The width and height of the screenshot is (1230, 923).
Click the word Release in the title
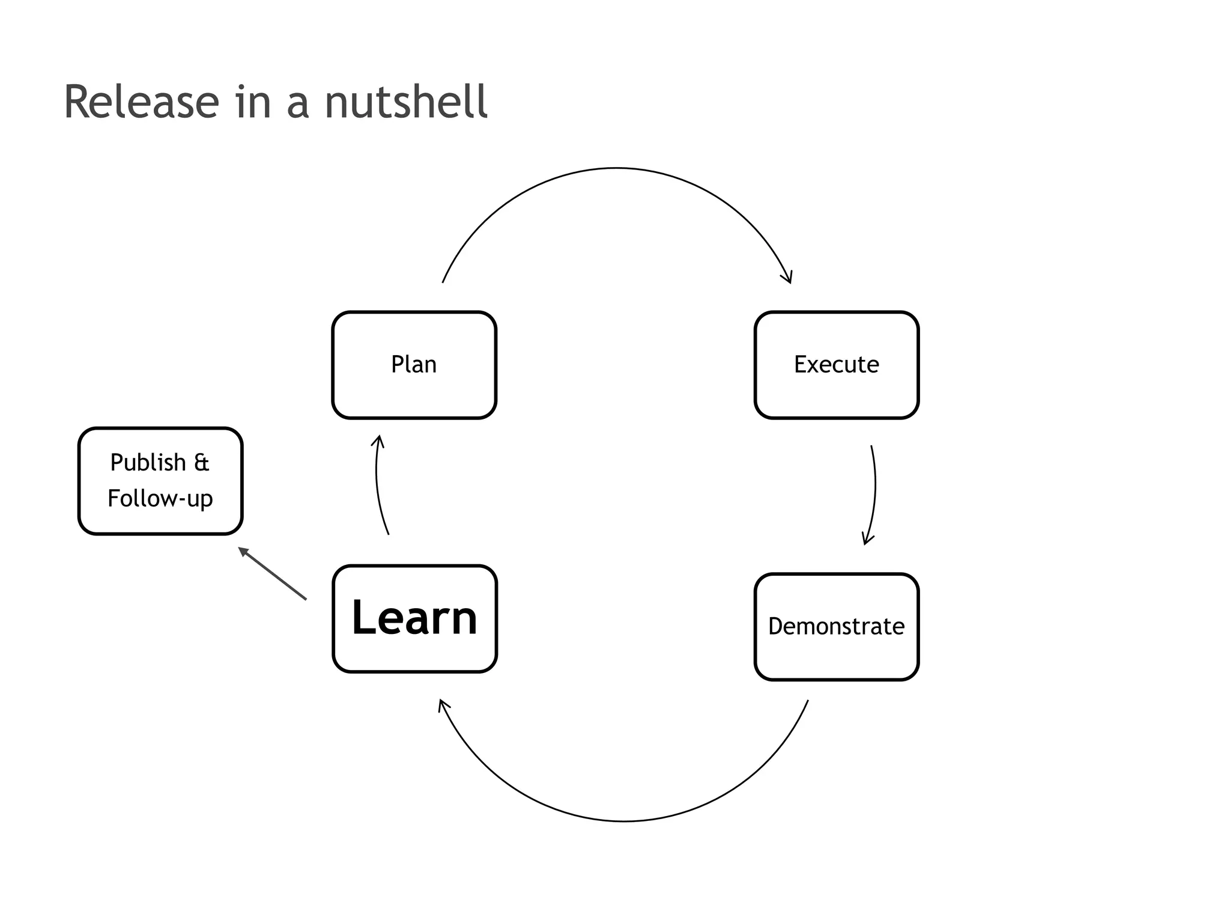(x=142, y=102)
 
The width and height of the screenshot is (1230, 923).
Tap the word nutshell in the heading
(x=406, y=102)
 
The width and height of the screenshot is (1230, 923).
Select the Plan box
(x=414, y=365)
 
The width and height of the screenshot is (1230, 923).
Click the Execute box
(x=836, y=365)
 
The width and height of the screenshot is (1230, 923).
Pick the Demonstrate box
(x=836, y=627)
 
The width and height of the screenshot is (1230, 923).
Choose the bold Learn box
(x=414, y=618)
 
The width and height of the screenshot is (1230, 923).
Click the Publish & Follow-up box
(x=160, y=481)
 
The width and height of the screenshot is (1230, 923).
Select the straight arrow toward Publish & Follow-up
(x=273, y=574)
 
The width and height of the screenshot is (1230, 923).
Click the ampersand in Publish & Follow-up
(x=202, y=463)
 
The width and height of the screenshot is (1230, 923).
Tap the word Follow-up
(x=160, y=499)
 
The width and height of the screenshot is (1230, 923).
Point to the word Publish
(x=148, y=463)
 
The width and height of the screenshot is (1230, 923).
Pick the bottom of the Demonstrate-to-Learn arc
(x=625, y=821)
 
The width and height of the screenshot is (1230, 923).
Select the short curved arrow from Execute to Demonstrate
(x=874, y=487)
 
